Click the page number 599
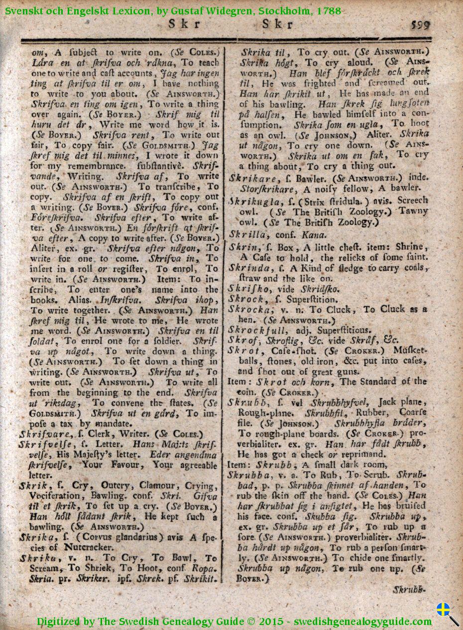tap(420, 24)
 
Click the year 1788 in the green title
tap(327, 11)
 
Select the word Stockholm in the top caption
tap(284, 11)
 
